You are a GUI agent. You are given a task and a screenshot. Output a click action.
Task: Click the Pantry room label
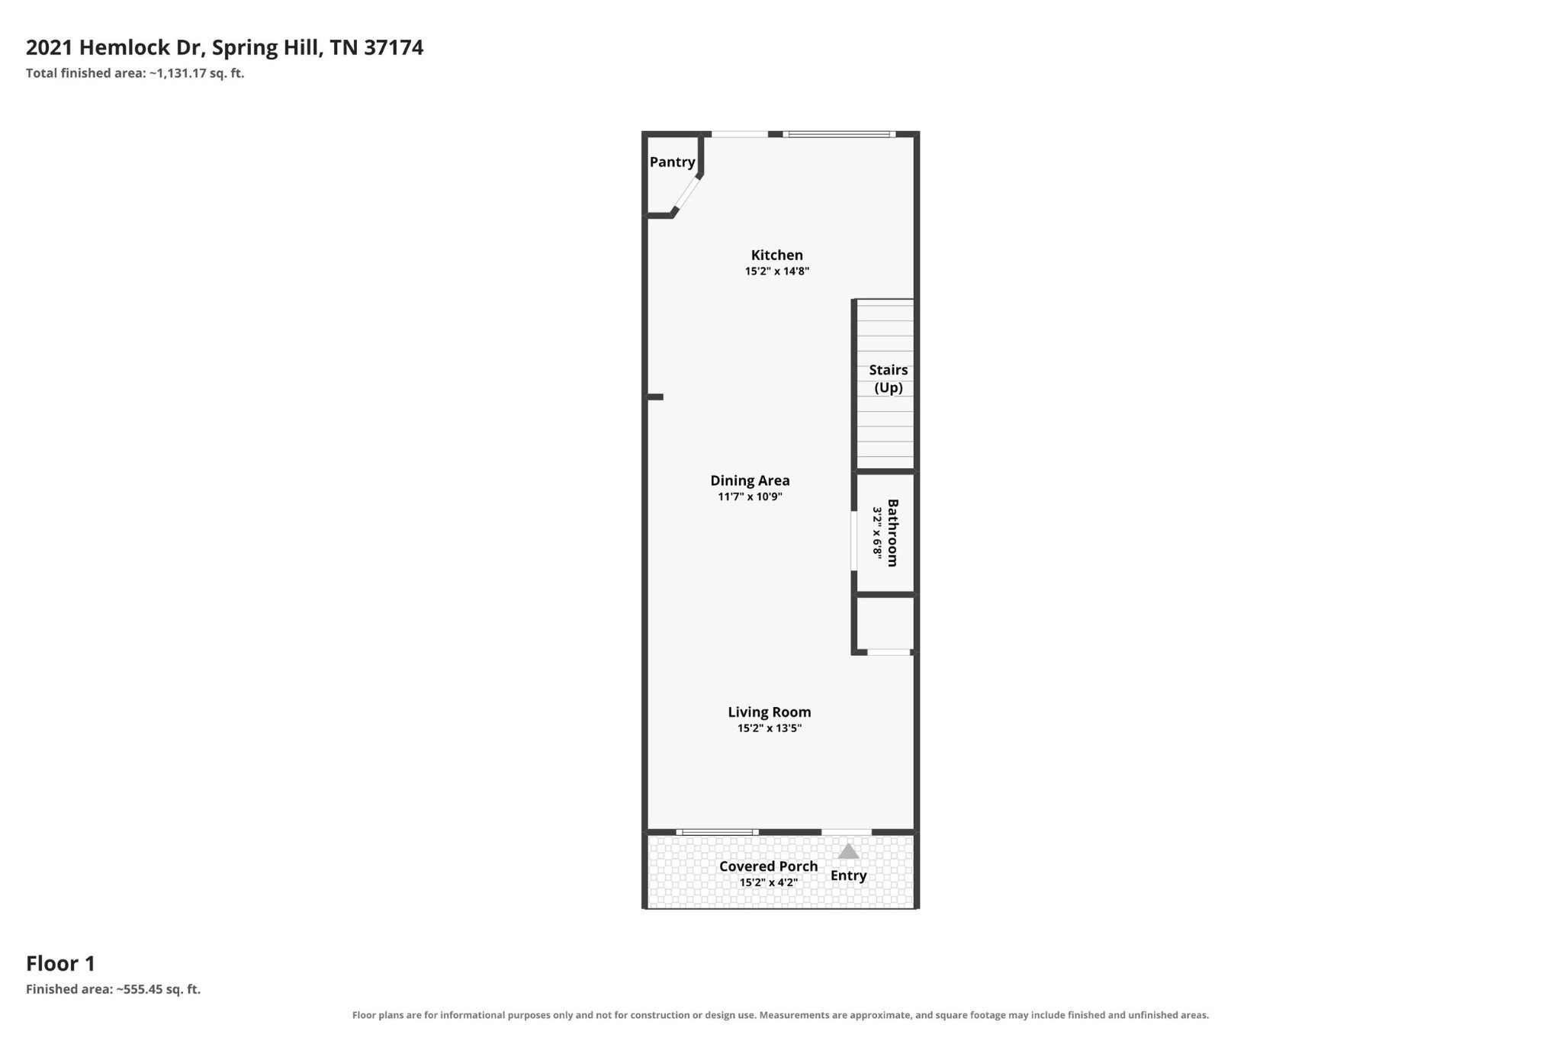pos(672,162)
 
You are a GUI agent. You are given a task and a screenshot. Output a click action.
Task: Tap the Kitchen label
pos(776,255)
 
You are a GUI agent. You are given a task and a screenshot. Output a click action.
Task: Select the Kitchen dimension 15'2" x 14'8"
pos(776,271)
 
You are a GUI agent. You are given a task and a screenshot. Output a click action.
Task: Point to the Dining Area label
pos(750,481)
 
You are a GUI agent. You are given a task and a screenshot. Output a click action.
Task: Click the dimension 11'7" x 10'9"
pos(750,497)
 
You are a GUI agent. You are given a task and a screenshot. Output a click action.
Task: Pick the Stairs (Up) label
pos(889,379)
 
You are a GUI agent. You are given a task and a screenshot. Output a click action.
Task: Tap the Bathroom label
pos(893,532)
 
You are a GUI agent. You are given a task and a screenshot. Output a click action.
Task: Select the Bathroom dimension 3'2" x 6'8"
pos(878,532)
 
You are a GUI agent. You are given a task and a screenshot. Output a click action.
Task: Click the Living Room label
pos(769,712)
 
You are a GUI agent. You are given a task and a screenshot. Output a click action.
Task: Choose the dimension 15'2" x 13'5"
pos(769,728)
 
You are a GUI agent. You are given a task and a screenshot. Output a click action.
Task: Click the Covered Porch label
pos(768,866)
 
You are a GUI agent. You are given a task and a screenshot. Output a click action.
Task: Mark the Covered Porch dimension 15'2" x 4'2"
pos(768,883)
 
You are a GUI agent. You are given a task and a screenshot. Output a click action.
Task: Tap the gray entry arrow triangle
pos(848,851)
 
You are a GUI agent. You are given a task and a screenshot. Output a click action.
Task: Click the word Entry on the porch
pos(848,876)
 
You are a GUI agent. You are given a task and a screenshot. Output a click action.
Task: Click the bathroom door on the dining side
pos(854,541)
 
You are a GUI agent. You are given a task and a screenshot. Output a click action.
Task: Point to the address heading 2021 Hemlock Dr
pos(114,48)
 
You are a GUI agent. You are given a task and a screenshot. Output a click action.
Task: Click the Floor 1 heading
pos(60,964)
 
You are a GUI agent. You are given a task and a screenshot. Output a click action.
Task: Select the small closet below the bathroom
pos(885,624)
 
